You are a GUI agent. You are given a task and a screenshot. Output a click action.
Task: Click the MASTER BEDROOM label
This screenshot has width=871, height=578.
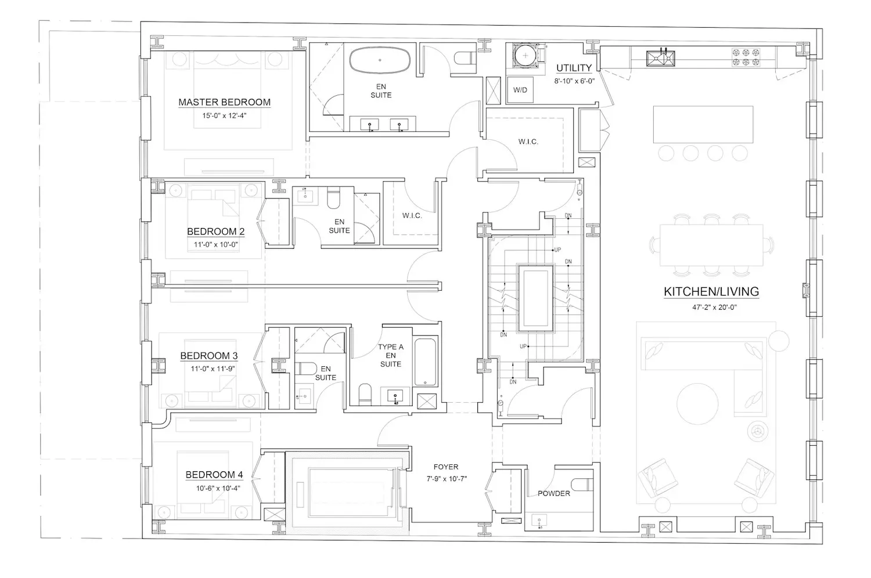coord(224,102)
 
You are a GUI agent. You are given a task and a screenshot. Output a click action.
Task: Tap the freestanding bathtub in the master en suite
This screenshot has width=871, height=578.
coord(380,60)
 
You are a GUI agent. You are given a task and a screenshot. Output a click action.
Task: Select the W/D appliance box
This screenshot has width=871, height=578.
coord(520,90)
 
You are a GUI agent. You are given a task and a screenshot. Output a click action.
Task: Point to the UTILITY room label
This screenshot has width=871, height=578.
coord(574,68)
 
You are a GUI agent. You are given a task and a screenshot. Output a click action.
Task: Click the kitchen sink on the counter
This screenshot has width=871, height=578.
coord(661,58)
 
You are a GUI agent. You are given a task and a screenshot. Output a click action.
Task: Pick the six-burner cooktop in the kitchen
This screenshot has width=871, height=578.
coord(746,57)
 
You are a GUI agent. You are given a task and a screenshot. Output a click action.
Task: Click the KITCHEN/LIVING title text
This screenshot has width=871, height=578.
coord(711,291)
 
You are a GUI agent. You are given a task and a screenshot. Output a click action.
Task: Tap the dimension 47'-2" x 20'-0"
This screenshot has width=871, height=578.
coord(714,308)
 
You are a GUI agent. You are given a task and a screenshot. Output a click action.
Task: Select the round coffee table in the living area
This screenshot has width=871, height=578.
coord(697,404)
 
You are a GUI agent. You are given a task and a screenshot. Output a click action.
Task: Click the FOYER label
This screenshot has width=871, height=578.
coord(446,467)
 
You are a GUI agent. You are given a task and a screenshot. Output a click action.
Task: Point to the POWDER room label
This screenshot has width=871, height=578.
coord(554,494)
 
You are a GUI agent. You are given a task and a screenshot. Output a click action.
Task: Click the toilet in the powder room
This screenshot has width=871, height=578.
coord(582,485)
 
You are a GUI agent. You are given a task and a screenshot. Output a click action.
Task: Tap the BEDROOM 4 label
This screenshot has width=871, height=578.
coord(214,475)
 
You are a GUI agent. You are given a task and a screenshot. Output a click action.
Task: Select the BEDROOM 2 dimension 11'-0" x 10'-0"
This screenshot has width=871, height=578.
coord(216,245)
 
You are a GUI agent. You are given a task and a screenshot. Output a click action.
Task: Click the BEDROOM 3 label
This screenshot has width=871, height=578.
coord(209,356)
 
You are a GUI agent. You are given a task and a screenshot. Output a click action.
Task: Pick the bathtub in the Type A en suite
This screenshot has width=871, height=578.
coord(425,362)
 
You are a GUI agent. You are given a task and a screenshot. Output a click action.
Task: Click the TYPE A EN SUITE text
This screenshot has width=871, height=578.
coord(391,356)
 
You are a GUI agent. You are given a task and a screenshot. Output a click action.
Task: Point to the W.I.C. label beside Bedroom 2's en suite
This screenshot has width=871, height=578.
coord(412,216)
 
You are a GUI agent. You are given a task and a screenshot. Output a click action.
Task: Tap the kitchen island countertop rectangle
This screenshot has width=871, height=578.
coord(703,124)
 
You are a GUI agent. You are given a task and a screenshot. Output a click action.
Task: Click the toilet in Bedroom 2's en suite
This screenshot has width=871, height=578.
coord(333,198)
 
